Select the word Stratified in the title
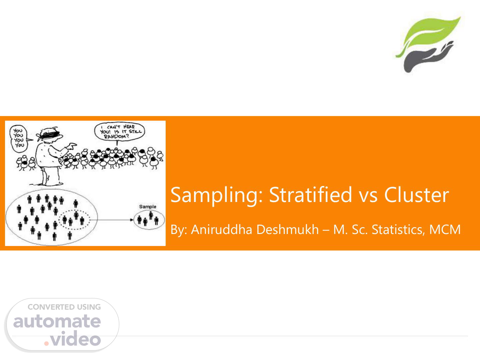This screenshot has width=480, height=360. [311, 194]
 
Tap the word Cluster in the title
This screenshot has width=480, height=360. [417, 195]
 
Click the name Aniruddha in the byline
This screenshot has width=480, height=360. [222, 229]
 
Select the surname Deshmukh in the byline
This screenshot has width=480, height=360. [287, 229]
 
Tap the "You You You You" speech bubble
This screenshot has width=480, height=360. [19, 139]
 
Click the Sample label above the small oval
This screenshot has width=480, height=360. [148, 207]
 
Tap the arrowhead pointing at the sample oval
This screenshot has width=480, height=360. [132, 220]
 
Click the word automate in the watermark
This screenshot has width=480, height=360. [57, 322]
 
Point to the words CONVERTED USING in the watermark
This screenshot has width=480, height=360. [64, 307]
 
